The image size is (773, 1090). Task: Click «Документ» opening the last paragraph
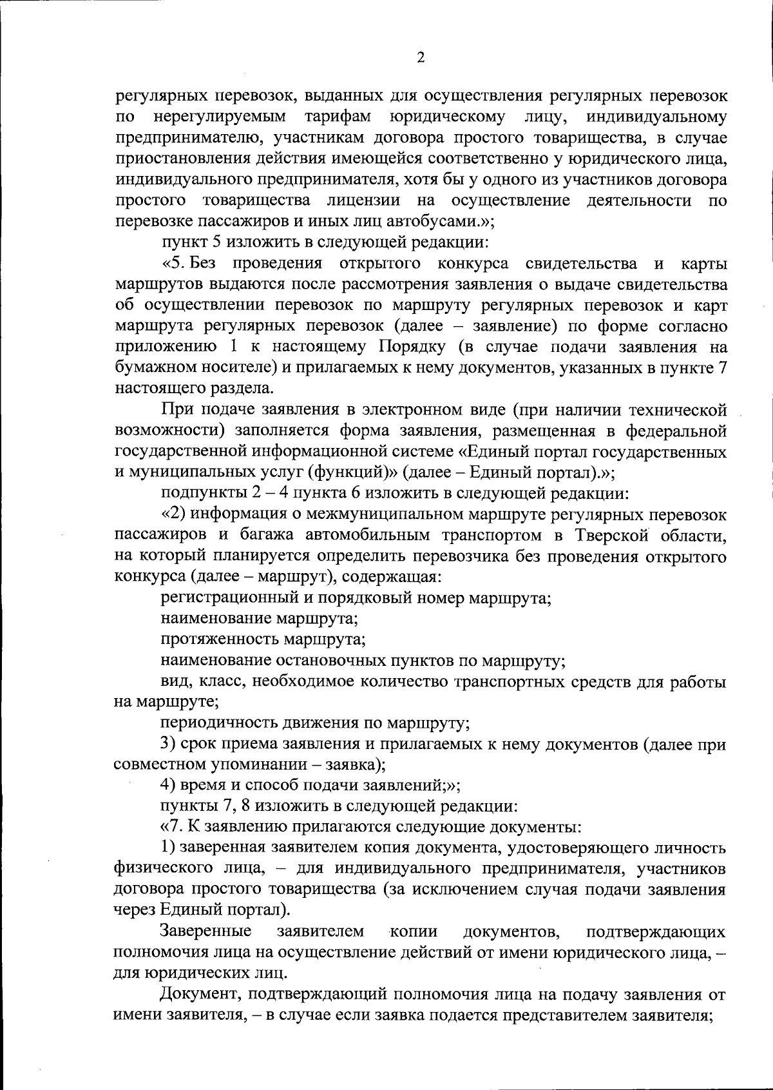(200, 994)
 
